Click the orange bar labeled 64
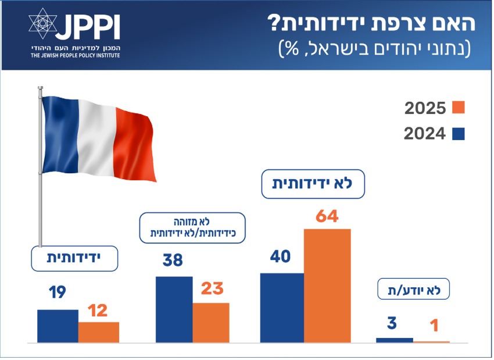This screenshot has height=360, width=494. (327, 286)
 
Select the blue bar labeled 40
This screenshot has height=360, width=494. (282, 308)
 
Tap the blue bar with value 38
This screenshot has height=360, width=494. (174, 309)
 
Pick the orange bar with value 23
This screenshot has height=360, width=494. (211, 323)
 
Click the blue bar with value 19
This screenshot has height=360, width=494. (58, 326)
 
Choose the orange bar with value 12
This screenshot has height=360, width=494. (99, 332)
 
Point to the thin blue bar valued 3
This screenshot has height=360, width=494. (395, 340)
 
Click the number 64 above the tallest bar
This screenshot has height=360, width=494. (327, 216)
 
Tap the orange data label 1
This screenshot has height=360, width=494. (435, 325)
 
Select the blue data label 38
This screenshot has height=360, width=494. (173, 261)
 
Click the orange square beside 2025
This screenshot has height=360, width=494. (459, 107)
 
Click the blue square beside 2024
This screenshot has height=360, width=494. (459, 133)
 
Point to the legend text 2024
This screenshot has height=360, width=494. (425, 134)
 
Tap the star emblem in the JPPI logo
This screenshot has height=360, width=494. (43, 24)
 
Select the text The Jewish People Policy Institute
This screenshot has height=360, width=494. (76, 55)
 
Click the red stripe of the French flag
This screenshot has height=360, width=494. (135, 145)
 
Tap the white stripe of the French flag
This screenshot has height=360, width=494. (96, 137)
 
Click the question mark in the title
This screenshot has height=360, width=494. (274, 23)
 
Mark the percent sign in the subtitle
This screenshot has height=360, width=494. (292, 48)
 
